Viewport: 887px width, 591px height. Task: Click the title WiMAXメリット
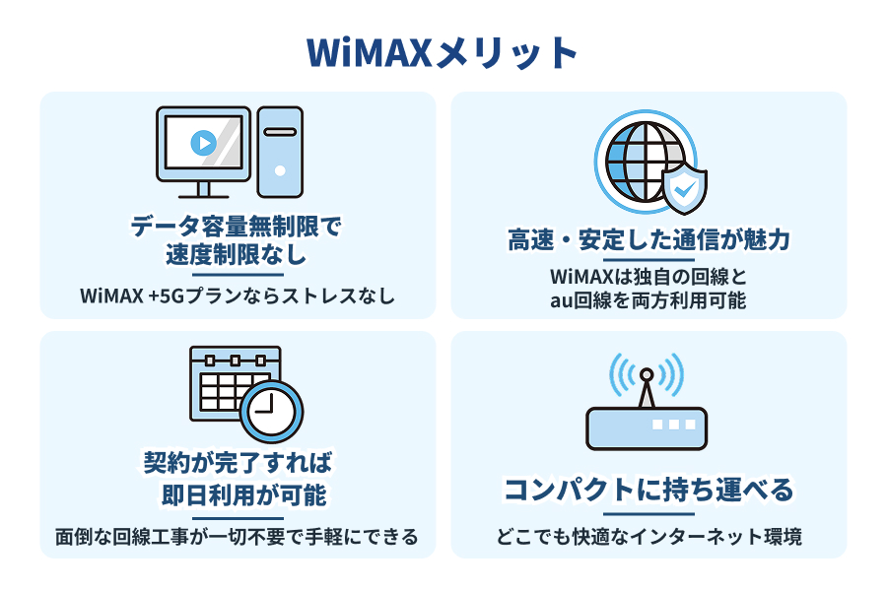coord(443,52)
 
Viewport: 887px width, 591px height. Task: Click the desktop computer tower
coord(280,151)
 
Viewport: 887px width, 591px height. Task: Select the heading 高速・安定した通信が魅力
coord(649,239)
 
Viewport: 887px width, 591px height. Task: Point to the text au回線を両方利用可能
coord(649,300)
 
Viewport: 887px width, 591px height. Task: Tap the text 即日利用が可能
coord(237,492)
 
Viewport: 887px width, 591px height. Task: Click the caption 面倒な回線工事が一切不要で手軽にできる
coord(237,538)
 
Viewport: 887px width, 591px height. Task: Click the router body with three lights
coord(647,427)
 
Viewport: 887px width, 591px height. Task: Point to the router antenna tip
coord(647,374)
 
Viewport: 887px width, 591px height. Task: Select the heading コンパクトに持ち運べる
coord(649,490)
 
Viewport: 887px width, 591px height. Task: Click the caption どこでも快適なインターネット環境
coord(649,538)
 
